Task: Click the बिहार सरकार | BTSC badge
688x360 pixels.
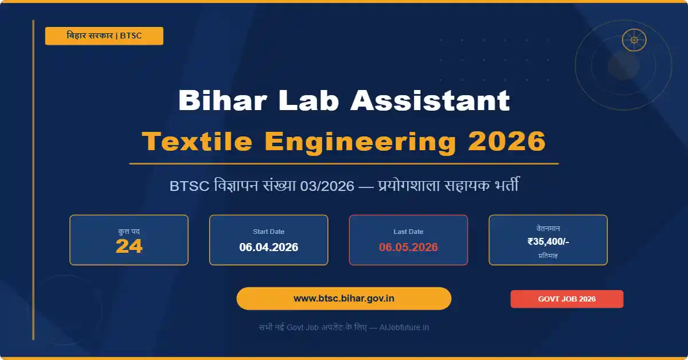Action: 104,36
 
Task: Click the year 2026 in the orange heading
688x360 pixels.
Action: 507,141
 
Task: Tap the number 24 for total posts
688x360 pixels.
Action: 129,246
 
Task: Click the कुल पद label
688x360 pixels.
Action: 129,232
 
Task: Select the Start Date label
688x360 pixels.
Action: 269,232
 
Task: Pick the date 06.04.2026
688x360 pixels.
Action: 269,248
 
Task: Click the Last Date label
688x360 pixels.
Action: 408,232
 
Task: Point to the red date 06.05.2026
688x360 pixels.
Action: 408,248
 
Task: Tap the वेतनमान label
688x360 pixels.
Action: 548,228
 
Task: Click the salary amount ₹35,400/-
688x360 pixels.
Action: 548,242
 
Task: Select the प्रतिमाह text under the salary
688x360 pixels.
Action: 548,256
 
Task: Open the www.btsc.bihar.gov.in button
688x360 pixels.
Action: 344,299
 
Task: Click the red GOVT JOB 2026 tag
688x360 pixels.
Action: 567,299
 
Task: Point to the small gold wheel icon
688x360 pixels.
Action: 634,40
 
